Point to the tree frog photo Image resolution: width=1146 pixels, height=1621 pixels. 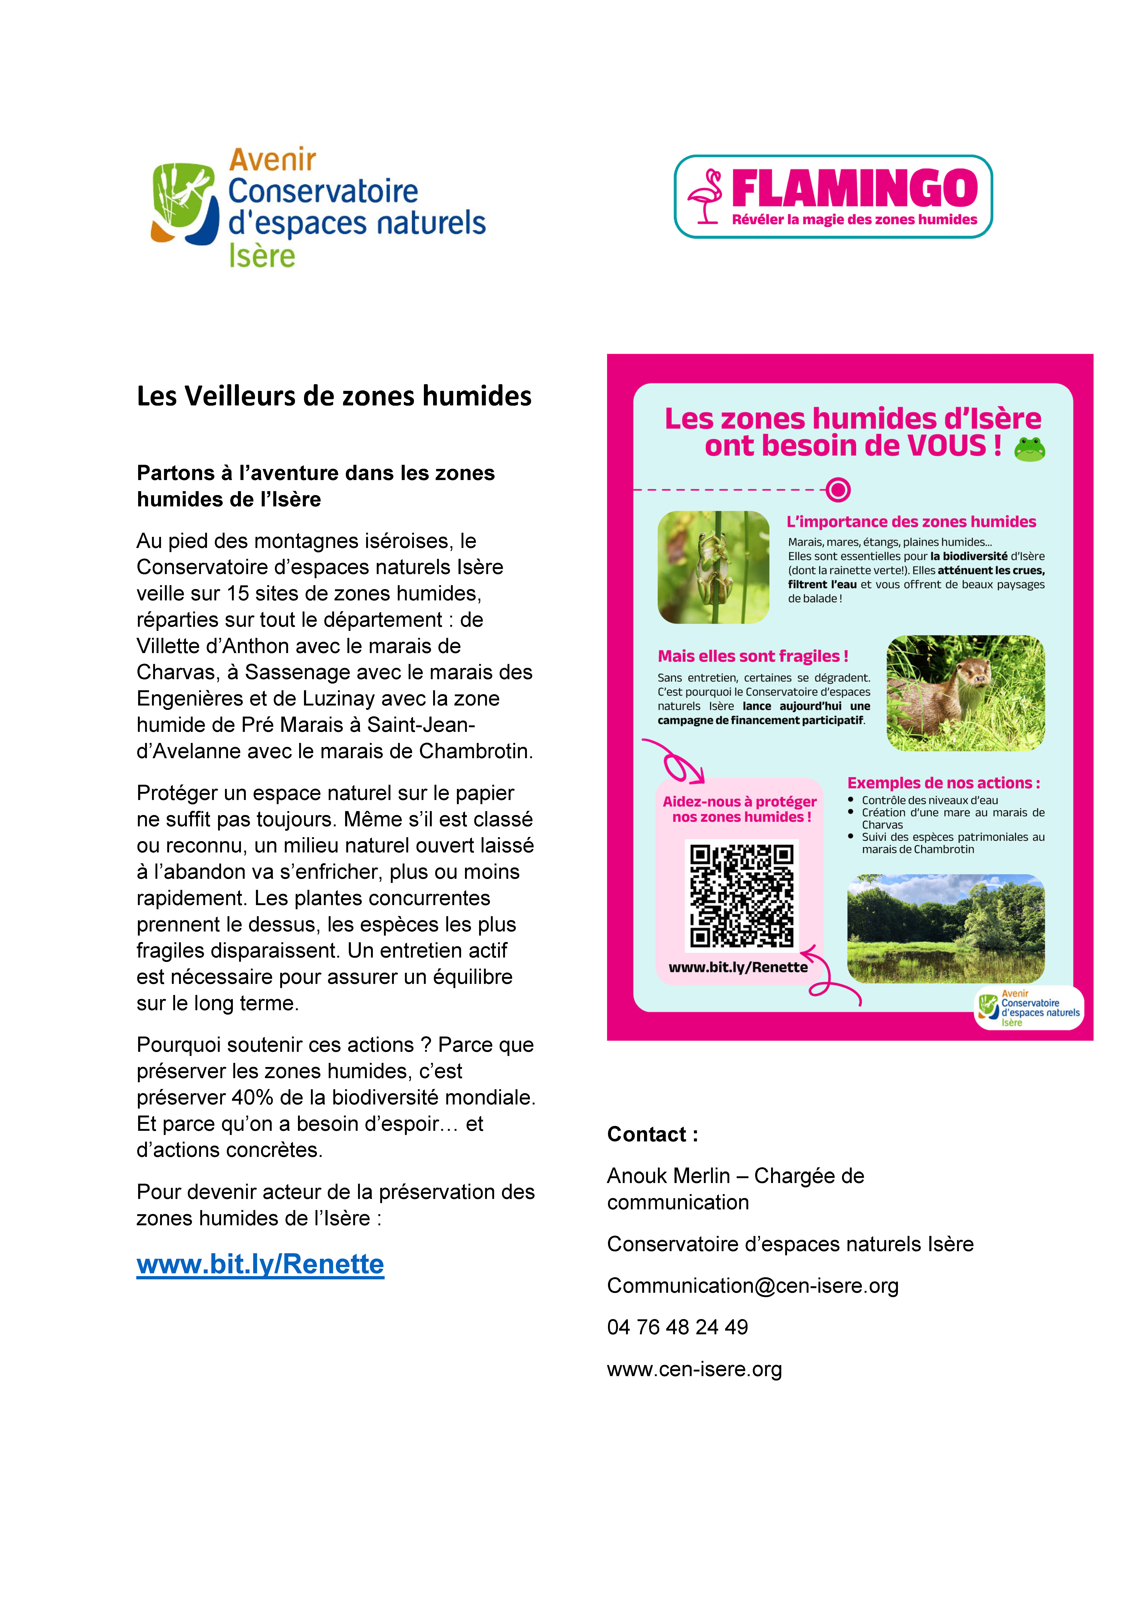(x=713, y=567)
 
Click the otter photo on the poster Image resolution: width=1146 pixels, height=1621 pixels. (x=965, y=693)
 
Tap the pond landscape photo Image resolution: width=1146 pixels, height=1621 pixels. (x=945, y=928)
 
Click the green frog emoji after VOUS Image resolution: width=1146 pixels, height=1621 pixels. (x=1030, y=449)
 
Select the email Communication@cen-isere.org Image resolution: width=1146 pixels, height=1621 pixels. (x=753, y=1286)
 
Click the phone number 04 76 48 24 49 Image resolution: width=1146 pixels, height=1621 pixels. (x=677, y=1327)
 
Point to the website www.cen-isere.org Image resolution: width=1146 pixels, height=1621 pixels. (x=694, y=1369)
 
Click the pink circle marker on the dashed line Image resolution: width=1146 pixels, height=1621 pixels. (x=838, y=489)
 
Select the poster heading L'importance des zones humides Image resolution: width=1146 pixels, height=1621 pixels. (x=911, y=522)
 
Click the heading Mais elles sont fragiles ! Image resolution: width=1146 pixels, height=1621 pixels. (x=753, y=656)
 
